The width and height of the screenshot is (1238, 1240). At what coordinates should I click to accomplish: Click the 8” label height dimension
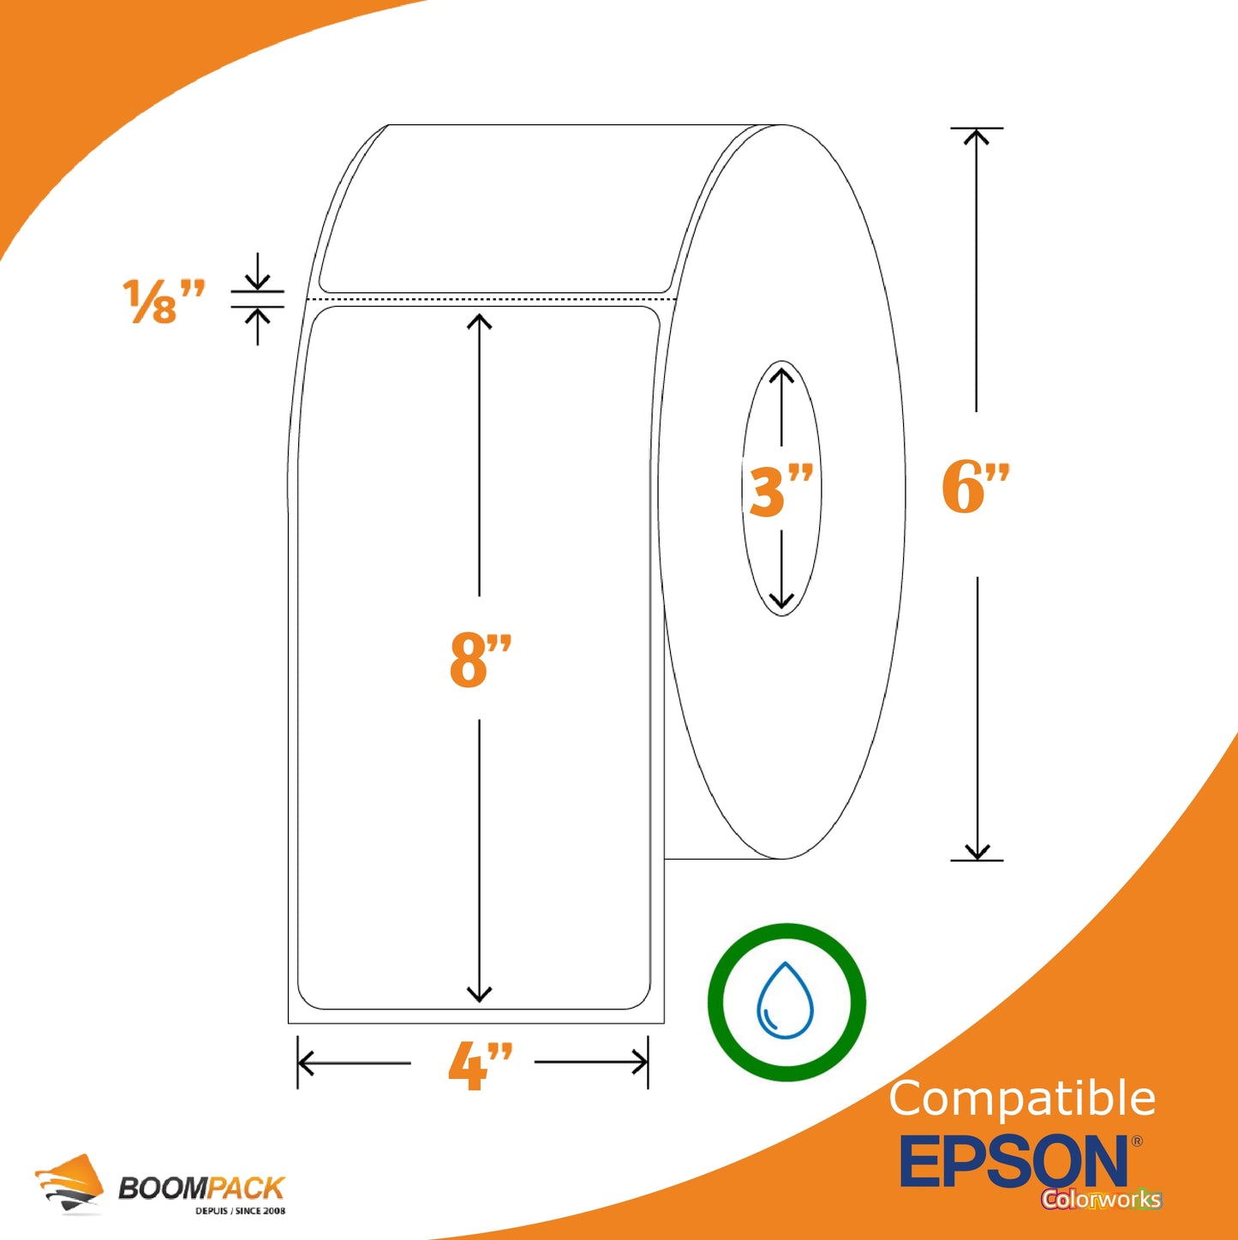(480, 660)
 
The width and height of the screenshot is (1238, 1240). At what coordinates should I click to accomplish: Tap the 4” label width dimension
(480, 1066)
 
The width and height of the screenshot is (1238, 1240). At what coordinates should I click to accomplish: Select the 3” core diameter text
(778, 491)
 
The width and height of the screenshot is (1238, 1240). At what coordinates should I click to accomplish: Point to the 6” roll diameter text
(976, 487)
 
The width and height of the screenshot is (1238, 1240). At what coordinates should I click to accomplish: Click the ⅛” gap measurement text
(164, 301)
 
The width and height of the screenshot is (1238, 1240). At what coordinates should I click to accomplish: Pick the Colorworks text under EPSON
(1102, 1199)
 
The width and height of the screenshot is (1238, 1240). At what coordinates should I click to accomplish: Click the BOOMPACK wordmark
(200, 1187)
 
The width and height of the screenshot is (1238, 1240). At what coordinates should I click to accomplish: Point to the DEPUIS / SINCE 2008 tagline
(240, 1210)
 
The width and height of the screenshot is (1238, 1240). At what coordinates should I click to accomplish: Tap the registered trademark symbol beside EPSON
(1136, 1141)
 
